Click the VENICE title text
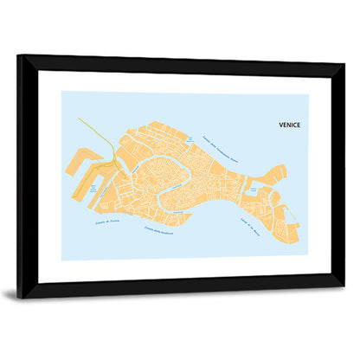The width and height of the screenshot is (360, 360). [289, 125]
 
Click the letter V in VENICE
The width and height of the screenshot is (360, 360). [281, 125]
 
